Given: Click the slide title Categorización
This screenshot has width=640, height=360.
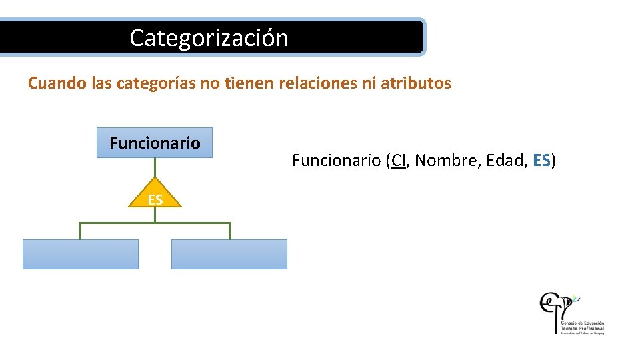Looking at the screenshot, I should [209, 37].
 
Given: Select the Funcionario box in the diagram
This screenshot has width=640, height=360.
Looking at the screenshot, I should [155, 143].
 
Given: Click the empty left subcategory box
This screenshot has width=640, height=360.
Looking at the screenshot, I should [81, 254].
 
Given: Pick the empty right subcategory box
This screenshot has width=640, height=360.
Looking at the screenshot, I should [229, 254].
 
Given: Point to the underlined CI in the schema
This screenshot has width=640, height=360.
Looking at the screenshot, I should [399, 161].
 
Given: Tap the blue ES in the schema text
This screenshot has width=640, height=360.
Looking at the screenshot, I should [542, 161].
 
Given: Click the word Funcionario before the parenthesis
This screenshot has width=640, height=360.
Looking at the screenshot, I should [336, 161].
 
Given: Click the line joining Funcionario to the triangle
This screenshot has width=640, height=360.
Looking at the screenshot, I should [155, 167].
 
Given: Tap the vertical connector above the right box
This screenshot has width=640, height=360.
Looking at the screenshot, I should [229, 231].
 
